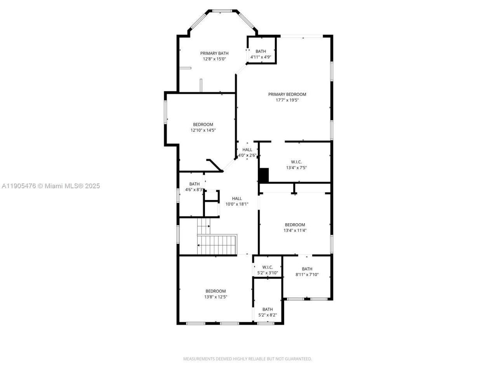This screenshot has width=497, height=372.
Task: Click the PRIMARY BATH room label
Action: [214, 53]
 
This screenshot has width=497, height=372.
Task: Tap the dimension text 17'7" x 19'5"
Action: [287, 100]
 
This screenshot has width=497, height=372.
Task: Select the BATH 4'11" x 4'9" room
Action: [261, 54]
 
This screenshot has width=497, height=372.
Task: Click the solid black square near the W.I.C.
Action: [264, 175]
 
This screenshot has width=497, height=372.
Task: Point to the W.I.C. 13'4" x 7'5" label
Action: [296, 165]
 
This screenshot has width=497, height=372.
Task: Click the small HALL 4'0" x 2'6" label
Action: [247, 152]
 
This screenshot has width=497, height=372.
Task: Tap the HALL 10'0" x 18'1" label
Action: [236, 201]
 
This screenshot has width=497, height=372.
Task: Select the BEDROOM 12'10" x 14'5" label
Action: [203, 127]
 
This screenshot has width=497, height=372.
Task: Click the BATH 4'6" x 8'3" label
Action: [195, 187]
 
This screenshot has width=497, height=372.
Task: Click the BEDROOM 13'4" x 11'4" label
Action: [295, 227]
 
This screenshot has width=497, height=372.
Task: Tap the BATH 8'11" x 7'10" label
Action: [307, 272]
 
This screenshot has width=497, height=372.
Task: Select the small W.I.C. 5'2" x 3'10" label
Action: [268, 270]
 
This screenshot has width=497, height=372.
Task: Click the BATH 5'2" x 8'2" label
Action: [268, 312]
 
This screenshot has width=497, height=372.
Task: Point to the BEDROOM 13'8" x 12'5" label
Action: [215, 294]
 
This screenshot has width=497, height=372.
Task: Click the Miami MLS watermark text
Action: [50, 186]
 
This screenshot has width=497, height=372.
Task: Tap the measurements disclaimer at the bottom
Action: [247, 359]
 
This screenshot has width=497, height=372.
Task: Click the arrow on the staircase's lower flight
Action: [199, 245]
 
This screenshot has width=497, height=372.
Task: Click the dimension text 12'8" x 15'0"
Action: [214, 59]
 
